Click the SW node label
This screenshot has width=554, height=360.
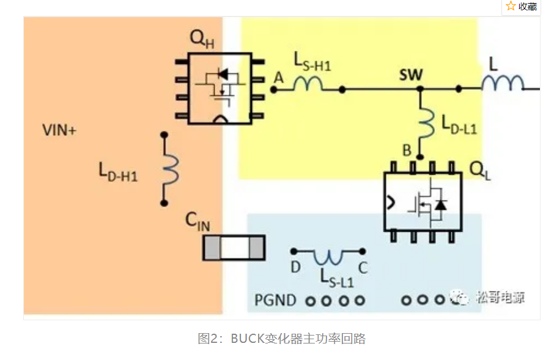pyautogui.click(x=411, y=75)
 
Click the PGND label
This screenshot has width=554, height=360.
pyautogui.click(x=275, y=300)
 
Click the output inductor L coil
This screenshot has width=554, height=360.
pyautogui.click(x=503, y=84)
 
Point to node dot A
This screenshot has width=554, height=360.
pyautogui.click(x=274, y=89)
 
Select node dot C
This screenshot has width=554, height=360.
pyautogui.click(x=363, y=251)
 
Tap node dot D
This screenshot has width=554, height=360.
pyautogui.click(x=294, y=251)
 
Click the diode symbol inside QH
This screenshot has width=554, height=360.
pyautogui.click(x=224, y=75)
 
